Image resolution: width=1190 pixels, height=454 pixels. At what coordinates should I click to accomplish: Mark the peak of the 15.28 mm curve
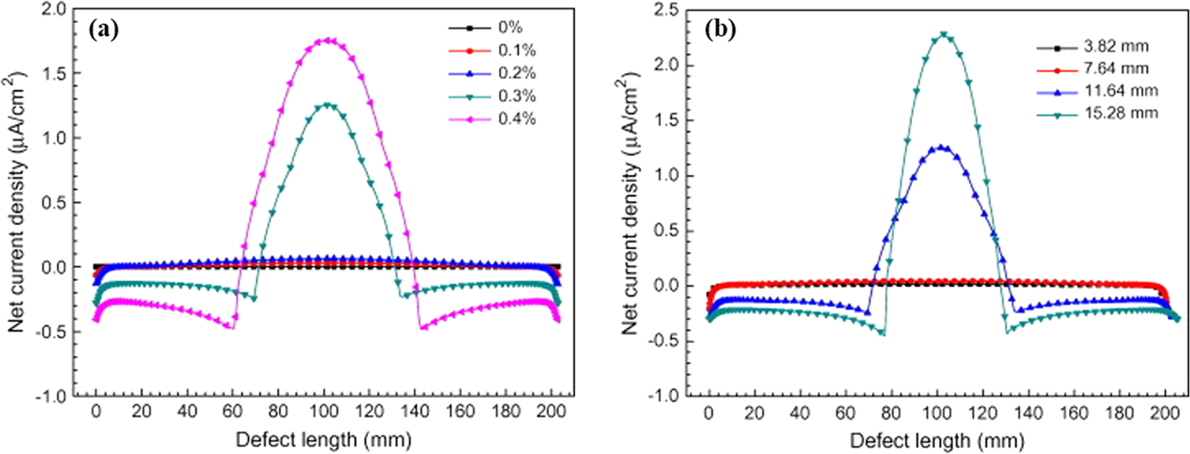point(944,34)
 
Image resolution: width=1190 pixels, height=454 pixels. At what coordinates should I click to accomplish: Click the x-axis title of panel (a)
point(323,438)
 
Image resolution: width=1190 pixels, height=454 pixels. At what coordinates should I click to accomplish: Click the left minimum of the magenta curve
point(231,328)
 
